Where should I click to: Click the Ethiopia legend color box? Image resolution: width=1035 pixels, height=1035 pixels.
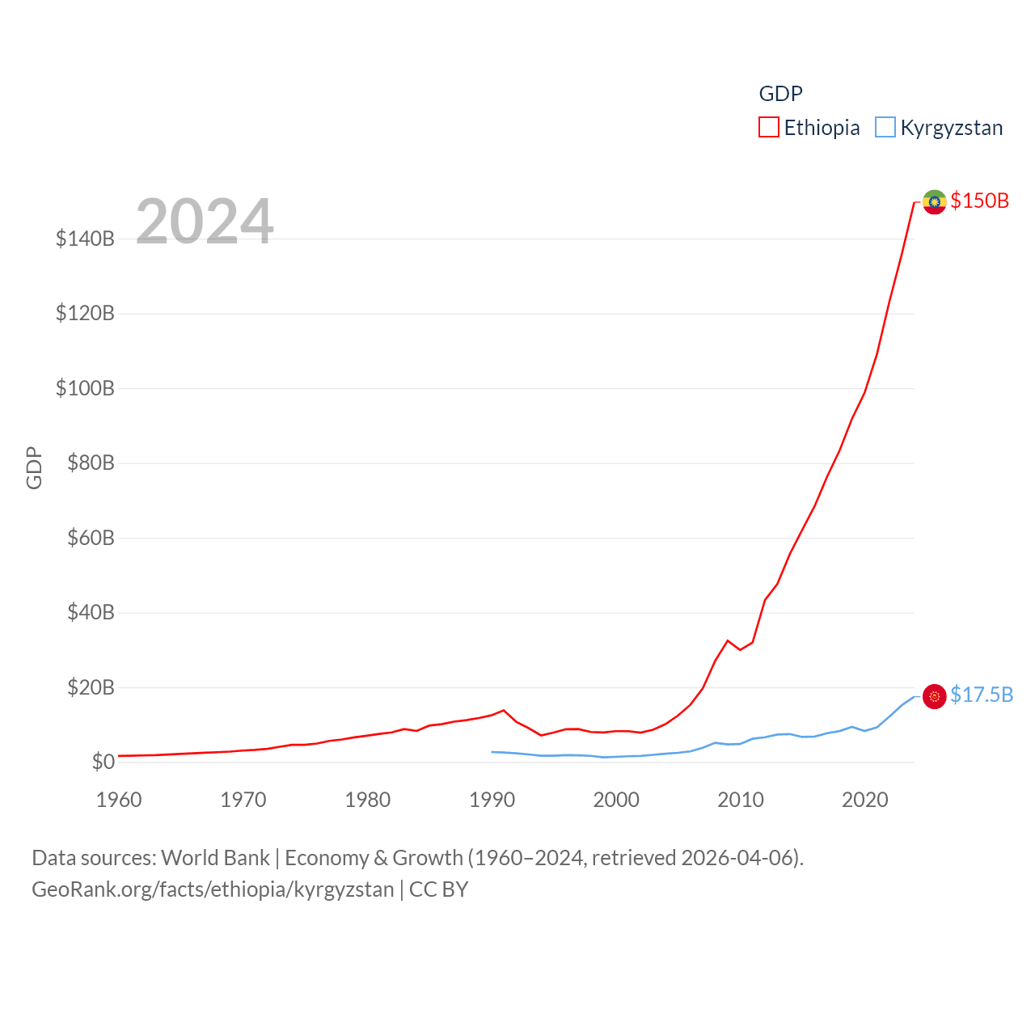point(768,128)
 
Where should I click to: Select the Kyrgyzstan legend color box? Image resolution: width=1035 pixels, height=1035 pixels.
point(885,128)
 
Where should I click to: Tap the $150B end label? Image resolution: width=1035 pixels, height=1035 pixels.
point(979,201)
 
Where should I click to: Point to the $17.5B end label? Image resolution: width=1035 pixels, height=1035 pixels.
point(982,695)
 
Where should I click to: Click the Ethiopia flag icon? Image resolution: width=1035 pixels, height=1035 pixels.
point(935,202)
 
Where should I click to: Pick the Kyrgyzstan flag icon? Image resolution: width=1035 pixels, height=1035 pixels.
point(935,696)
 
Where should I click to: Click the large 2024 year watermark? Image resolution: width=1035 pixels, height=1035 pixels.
point(205,222)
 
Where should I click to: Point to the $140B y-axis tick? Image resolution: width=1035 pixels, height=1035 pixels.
point(85,239)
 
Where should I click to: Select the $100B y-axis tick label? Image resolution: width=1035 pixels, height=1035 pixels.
point(85,389)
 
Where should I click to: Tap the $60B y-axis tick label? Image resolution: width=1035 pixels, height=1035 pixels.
point(91,539)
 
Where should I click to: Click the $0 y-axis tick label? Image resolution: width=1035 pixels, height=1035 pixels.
point(103,763)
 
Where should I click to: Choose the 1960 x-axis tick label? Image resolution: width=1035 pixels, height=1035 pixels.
point(119,801)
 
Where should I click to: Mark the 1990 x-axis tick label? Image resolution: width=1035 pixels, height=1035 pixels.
point(492,801)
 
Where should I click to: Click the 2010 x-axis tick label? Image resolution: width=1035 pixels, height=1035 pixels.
point(741,801)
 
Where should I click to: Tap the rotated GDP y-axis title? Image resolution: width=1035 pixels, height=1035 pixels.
point(34,467)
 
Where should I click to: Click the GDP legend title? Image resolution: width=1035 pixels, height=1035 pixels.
point(780,94)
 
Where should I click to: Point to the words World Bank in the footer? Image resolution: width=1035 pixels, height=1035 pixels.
point(215,858)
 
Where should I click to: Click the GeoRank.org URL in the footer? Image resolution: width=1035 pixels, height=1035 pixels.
point(213,890)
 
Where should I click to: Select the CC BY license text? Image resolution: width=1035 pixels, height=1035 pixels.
point(439,890)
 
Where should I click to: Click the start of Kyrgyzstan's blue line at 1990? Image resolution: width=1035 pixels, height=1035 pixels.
point(492,752)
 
